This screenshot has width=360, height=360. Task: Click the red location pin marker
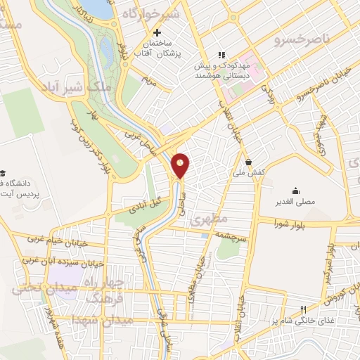pyautogui.click(x=181, y=165)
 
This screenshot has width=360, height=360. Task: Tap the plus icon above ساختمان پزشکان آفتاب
pyautogui.click(x=157, y=32)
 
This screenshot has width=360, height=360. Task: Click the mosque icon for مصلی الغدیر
pyautogui.click(x=296, y=191)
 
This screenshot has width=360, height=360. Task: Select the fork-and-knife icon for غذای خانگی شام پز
pyautogui.click(x=304, y=309)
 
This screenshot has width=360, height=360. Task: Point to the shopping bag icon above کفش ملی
pyautogui.click(x=248, y=161)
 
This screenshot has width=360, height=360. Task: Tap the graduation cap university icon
pyautogui.click(x=4, y=173)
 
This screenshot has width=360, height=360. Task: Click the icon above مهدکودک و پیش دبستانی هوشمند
pyautogui.click(x=221, y=54)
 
